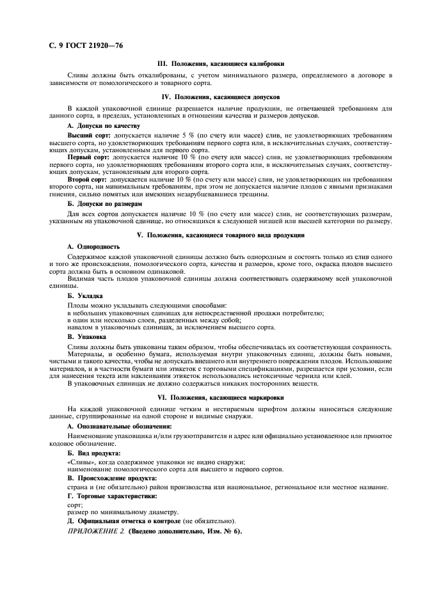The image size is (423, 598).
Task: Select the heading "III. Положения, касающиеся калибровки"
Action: (x=221, y=64)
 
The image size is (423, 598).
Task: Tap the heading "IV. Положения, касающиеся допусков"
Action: (x=221, y=97)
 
